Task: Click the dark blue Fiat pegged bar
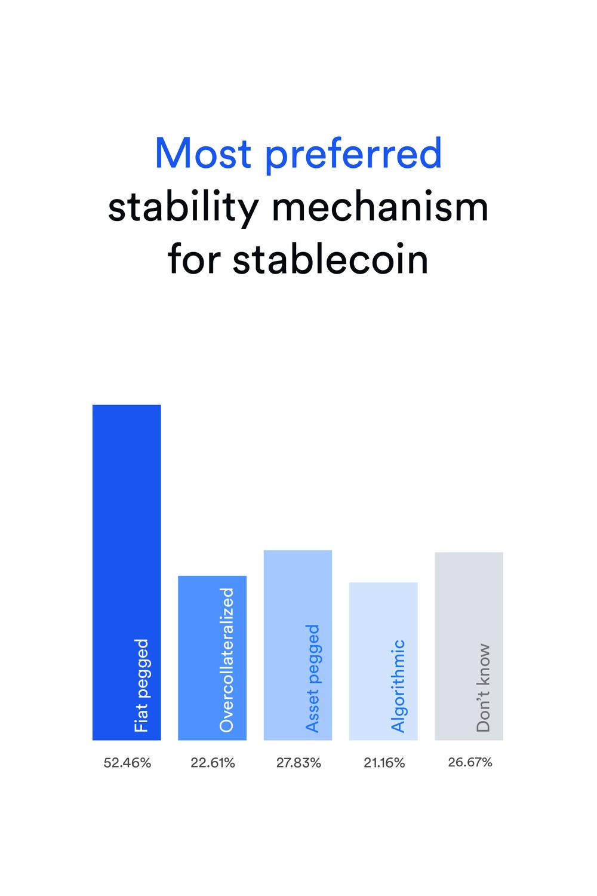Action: pyautogui.click(x=127, y=572)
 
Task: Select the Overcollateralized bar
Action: pyautogui.click(x=213, y=658)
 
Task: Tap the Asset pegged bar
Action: pyautogui.click(x=298, y=645)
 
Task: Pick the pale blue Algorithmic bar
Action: pyautogui.click(x=383, y=661)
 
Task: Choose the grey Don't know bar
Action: pyautogui.click(x=469, y=646)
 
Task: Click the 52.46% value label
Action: pyautogui.click(x=127, y=763)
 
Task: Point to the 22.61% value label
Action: pyautogui.click(x=213, y=763)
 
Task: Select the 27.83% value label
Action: pyautogui.click(x=298, y=763)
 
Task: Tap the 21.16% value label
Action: pyautogui.click(x=384, y=763)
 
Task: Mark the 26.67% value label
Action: pyautogui.click(x=470, y=762)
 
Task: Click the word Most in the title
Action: pyautogui.click(x=203, y=153)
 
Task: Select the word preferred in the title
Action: pyautogui.click(x=354, y=155)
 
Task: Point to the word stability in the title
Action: pyautogui.click(x=183, y=209)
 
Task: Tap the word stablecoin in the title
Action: pyautogui.click(x=330, y=259)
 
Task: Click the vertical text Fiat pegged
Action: pyautogui.click(x=141, y=685)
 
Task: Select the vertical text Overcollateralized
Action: pyautogui.click(x=227, y=659)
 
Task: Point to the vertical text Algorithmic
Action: pyautogui.click(x=398, y=686)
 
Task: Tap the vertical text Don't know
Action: pyautogui.click(x=484, y=688)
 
